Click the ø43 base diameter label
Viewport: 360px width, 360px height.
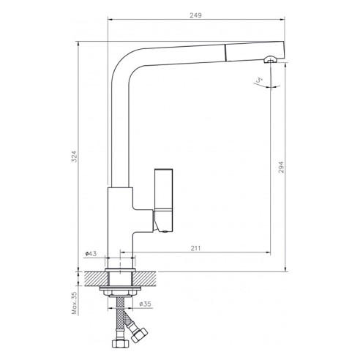click(x=91, y=254)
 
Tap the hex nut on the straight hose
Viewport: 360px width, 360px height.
click(x=116, y=343)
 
